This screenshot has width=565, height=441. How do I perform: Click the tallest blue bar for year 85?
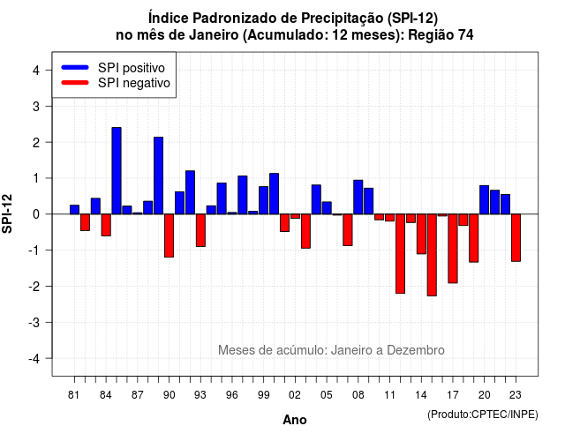coord(117,170)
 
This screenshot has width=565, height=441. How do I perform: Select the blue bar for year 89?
coord(159,176)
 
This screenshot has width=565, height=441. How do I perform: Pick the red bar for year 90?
coord(169,235)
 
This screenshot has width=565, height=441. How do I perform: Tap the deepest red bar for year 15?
coord(432,255)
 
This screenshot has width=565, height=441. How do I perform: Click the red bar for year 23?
coord(516,237)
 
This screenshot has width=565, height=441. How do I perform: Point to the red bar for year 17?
coord(453,249)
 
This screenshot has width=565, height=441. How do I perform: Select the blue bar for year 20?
coord(485,200)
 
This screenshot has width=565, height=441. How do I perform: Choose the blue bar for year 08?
coord(358,197)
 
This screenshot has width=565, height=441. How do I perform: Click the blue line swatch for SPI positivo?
coord(75,67)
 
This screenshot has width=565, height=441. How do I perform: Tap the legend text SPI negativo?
coord(134,83)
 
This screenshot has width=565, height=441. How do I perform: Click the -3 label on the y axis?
coord(34,323)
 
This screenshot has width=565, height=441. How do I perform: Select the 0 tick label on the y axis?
coord(36,214)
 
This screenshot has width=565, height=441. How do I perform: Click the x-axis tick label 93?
coord(200,395)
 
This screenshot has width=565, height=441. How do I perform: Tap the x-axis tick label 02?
coord(295,395)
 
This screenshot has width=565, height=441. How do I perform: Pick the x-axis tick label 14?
coord(421,395)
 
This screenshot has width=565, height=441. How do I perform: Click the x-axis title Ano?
coord(295,420)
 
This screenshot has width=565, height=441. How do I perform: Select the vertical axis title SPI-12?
coord(7,213)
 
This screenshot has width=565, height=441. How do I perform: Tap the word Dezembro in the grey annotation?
coord(416,350)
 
